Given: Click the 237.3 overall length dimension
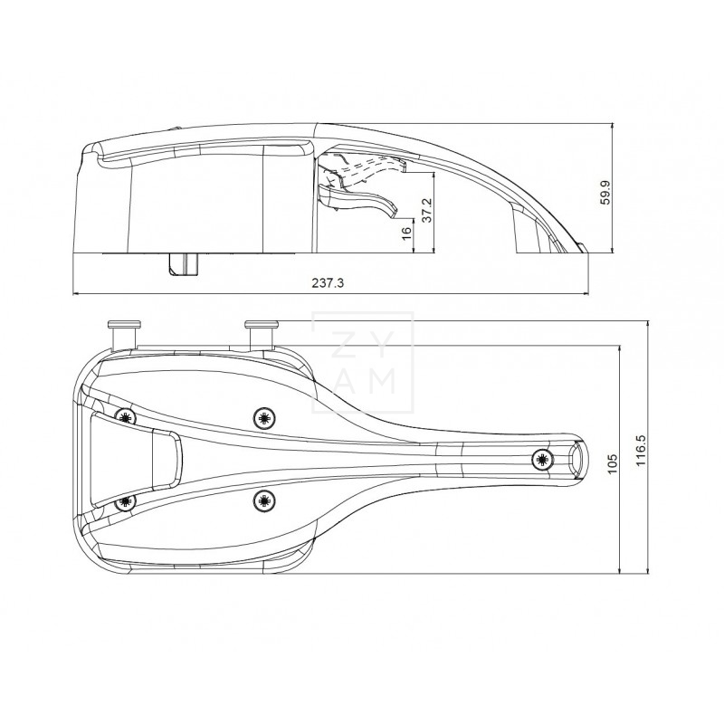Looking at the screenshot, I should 328,282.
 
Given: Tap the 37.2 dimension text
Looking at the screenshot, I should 427,208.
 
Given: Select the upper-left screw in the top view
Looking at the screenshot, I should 126,416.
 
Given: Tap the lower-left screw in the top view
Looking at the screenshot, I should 126,500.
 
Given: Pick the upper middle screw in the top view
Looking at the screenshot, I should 263,416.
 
